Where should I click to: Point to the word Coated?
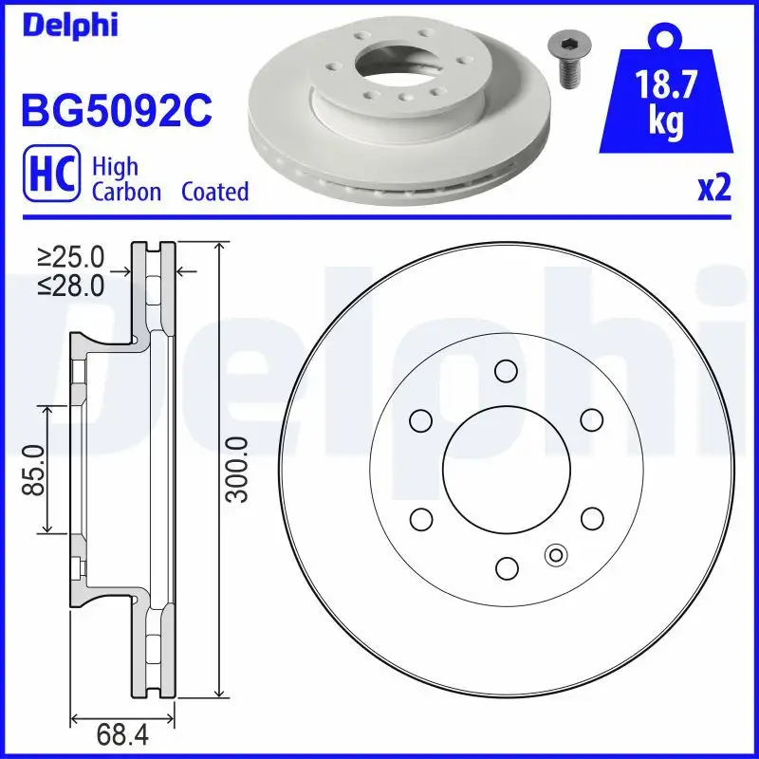coord(215,192)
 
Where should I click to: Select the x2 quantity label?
coord(714,189)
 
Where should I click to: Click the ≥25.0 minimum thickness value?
coord(70,256)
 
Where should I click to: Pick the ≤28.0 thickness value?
coord(70,285)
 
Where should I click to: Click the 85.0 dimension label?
coord(34,469)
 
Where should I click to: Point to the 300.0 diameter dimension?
coord(238,470)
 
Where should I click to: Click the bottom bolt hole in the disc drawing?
coord(506,567)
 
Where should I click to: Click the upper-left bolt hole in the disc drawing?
coord(418,418)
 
